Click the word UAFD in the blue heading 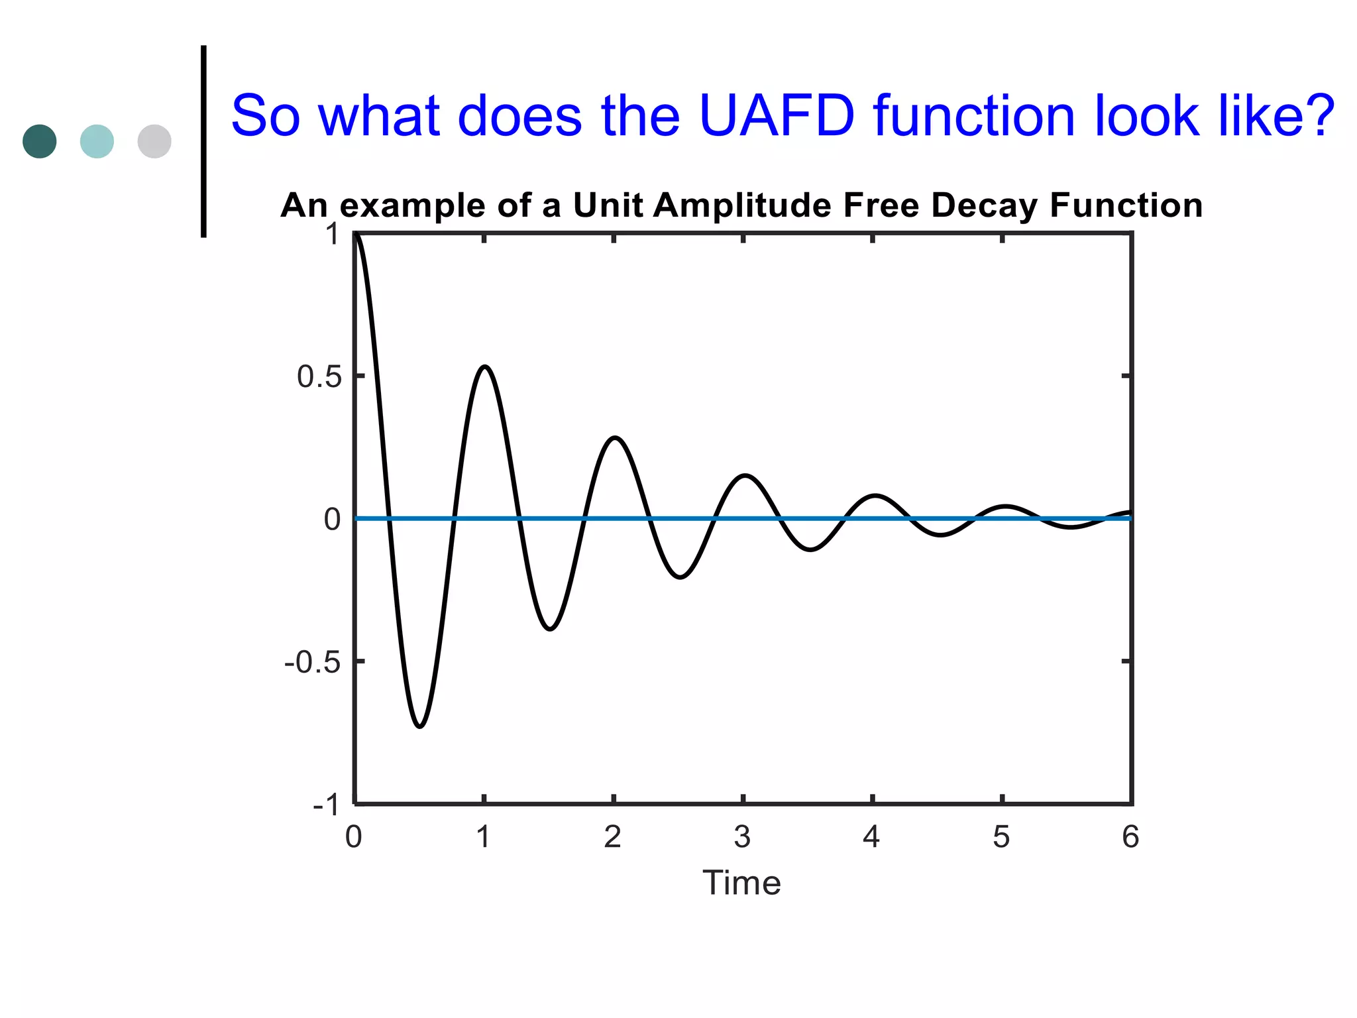[777, 116]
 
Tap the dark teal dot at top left [40, 141]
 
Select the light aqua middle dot [97, 141]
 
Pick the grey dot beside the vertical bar [154, 141]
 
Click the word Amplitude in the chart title [746, 205]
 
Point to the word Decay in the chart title [985, 205]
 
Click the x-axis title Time [741, 883]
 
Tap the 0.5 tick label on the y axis [319, 376]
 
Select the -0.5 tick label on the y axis [312, 662]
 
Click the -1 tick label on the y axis [325, 805]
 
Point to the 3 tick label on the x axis [742, 837]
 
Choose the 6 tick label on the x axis [1130, 837]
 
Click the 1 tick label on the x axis [483, 837]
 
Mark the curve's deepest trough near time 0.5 [419, 726]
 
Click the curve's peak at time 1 [485, 367]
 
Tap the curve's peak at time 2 [615, 437]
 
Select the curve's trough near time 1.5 [550, 628]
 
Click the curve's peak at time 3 [745, 475]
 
